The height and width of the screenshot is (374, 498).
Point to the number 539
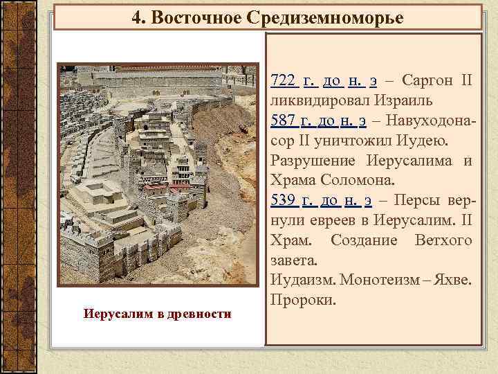(284, 202)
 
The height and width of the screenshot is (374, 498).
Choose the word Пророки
(303, 301)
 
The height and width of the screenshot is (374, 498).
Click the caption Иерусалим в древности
(157, 315)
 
